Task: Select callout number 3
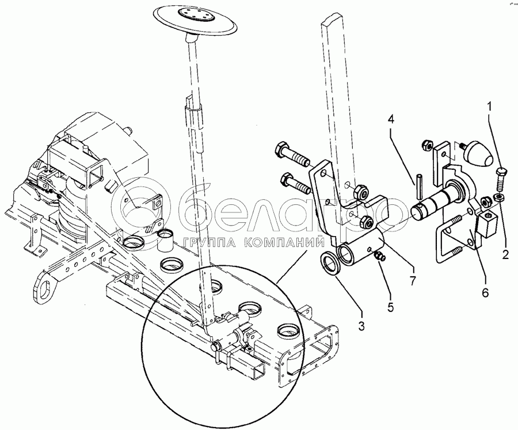click(x=361, y=326)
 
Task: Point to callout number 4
click(x=391, y=120)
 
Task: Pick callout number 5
click(x=391, y=308)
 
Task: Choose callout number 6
click(x=485, y=292)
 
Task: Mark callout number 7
click(x=412, y=280)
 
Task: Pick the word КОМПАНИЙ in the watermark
click(x=284, y=243)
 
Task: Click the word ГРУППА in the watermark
click(x=209, y=243)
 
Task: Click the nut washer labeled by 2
click(x=498, y=197)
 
